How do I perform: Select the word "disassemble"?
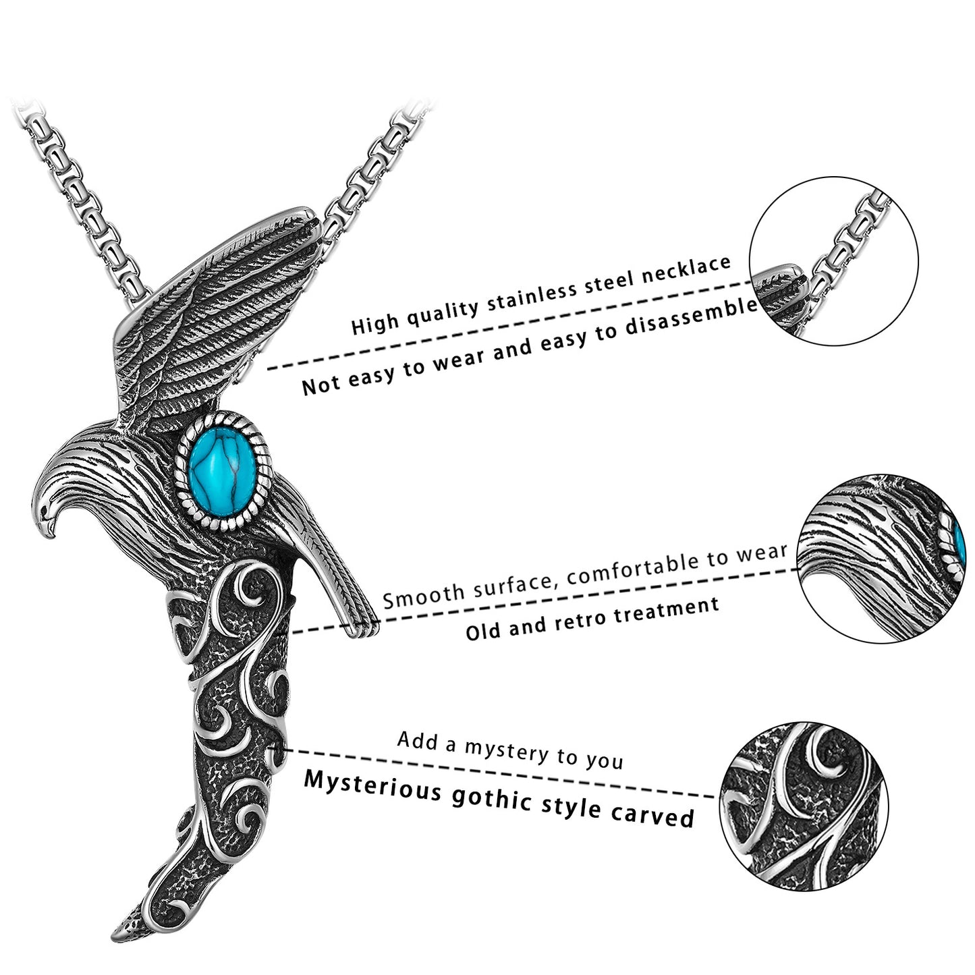click(x=691, y=318)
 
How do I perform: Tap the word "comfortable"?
click(x=634, y=566)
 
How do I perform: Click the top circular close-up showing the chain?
click(x=833, y=262)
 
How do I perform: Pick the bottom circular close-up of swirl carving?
click(x=804, y=806)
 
